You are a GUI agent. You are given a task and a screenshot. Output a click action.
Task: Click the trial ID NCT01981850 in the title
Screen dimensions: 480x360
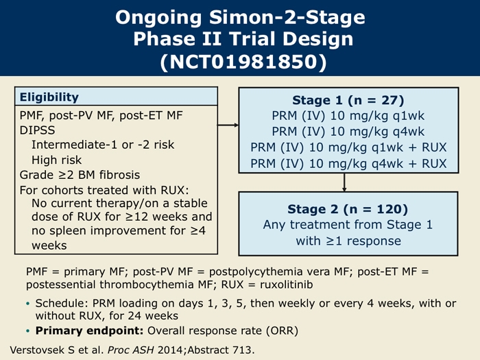tap(243, 62)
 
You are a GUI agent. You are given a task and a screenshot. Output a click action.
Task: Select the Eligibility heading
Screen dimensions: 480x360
tap(49, 97)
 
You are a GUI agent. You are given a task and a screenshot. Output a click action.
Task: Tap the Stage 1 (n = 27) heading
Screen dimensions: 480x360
tap(348, 100)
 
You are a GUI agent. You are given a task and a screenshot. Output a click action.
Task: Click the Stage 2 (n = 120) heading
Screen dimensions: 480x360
tap(348, 208)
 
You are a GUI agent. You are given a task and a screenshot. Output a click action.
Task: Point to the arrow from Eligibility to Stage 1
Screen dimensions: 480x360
tap(228, 125)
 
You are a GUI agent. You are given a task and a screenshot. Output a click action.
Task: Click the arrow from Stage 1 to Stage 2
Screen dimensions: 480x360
tap(344, 182)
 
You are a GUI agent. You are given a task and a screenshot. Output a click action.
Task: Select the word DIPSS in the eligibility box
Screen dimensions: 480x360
tap(37, 130)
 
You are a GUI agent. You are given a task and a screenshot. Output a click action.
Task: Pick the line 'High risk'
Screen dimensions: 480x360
tap(57, 160)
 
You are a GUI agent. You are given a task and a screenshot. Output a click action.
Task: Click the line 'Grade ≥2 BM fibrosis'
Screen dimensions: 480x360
tap(80, 175)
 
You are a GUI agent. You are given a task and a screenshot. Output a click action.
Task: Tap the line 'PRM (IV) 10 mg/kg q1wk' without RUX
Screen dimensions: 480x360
tap(348, 116)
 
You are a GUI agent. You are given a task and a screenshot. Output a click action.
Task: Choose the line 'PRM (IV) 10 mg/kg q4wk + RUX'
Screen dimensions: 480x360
tap(348, 164)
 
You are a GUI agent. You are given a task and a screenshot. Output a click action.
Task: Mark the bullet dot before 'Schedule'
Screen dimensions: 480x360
tap(28, 304)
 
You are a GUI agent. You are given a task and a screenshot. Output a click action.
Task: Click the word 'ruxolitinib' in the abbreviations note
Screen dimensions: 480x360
tap(286, 285)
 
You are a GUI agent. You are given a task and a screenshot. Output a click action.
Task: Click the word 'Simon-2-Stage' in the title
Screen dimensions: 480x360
tap(287, 17)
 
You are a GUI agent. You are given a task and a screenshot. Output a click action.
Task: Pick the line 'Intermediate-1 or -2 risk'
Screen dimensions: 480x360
tap(103, 145)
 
